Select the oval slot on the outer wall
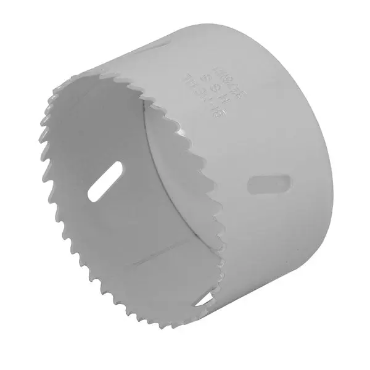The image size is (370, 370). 269,184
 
